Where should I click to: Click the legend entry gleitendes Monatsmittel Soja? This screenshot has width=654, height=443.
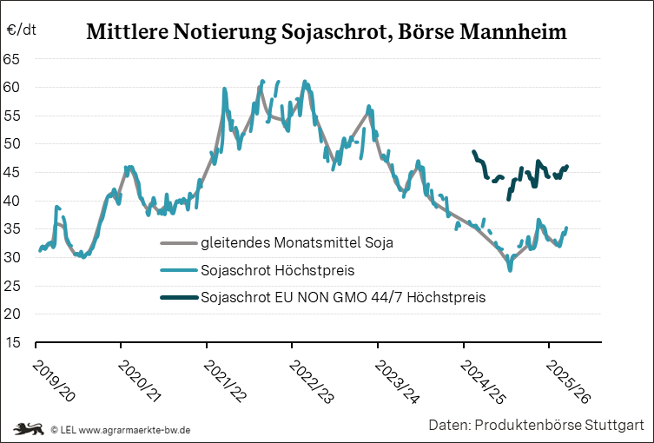point(296,242)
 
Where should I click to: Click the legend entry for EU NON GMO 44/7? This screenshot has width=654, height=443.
point(342,297)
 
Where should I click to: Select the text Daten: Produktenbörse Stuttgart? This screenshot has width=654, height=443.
point(535,425)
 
